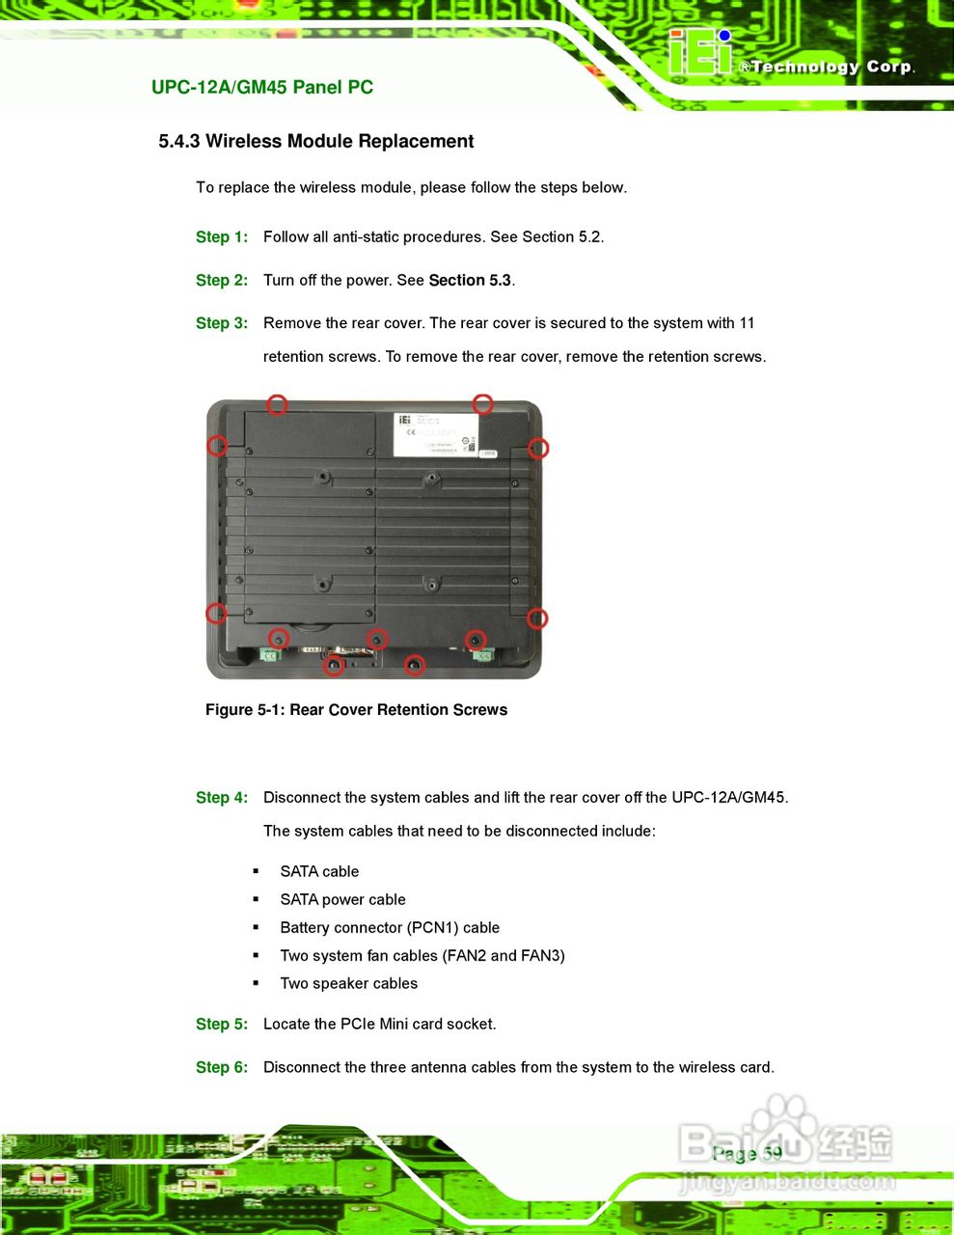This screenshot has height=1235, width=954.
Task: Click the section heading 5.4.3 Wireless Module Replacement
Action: [315, 142]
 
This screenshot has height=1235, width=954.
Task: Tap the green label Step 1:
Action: [221, 237]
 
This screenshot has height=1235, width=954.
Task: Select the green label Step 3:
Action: [221, 323]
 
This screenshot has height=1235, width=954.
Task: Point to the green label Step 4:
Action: [221, 798]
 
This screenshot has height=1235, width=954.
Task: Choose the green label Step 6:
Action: [221, 1068]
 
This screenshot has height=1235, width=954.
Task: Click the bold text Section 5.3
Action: [470, 281]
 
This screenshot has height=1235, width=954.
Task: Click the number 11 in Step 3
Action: [747, 323]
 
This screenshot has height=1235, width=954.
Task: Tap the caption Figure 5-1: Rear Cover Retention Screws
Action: [356, 710]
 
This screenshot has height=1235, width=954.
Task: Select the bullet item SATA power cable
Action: [342, 900]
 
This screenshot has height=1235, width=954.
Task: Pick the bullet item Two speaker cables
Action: [348, 984]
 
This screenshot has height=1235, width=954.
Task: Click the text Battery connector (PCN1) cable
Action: [390, 928]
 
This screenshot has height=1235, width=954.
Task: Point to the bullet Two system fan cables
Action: [422, 956]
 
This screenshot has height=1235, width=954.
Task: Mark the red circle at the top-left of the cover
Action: [277, 404]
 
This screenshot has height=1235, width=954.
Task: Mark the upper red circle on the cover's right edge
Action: [538, 448]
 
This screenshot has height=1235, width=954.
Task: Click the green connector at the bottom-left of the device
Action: [269, 656]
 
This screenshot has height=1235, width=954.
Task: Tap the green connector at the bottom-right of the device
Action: [482, 656]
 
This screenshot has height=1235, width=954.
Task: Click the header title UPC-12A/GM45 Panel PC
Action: [261, 88]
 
